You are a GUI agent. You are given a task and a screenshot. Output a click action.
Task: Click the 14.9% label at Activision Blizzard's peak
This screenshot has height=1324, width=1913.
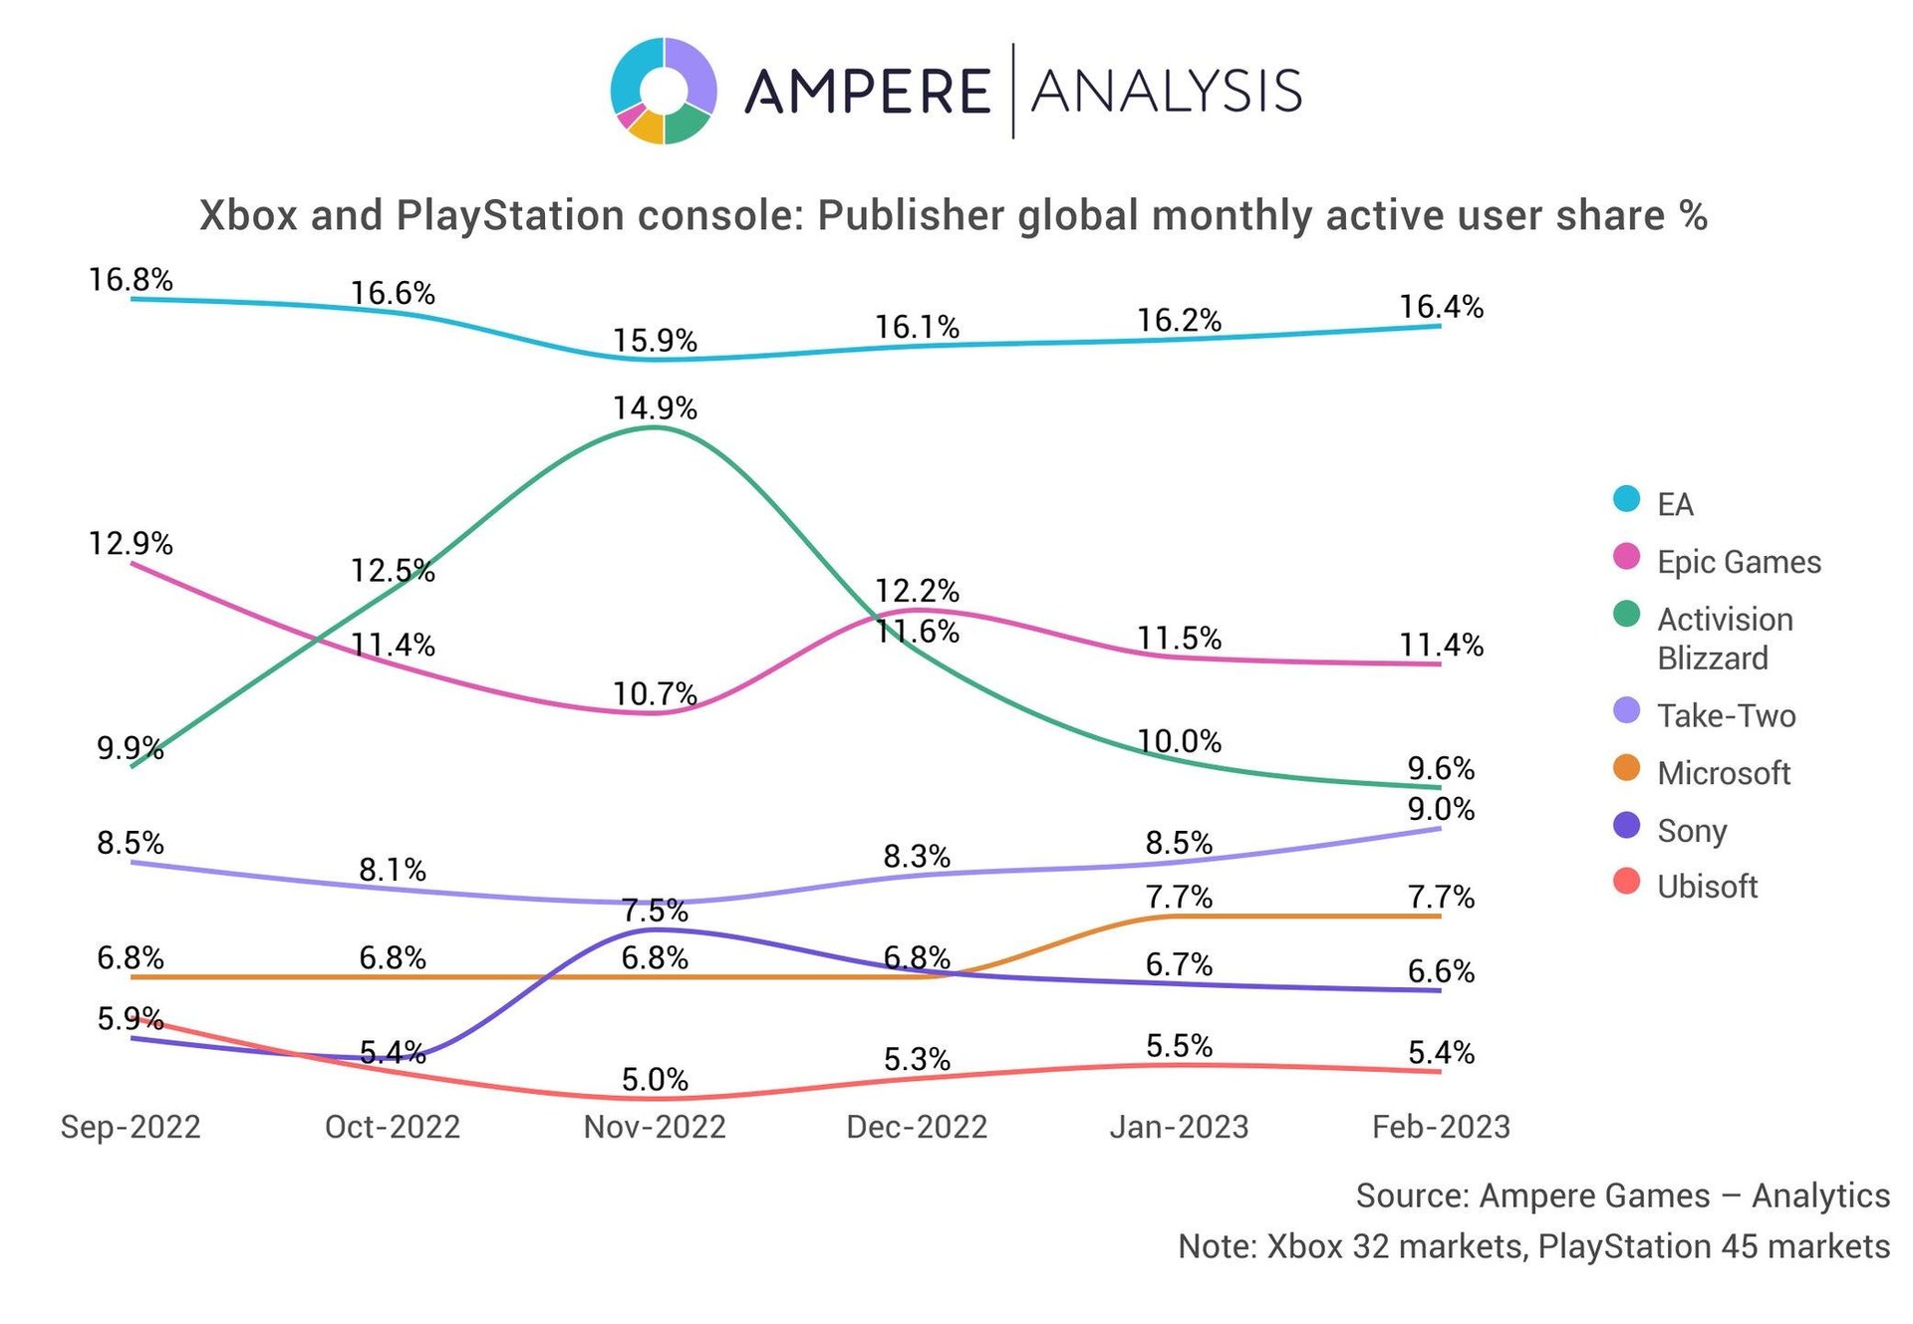point(655,408)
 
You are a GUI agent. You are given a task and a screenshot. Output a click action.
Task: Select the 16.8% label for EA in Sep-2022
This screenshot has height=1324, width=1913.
point(131,280)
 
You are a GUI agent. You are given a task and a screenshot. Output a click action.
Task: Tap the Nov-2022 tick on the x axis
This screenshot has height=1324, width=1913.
point(655,1127)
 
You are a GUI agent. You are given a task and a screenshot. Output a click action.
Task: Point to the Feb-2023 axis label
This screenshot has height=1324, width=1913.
point(1441,1127)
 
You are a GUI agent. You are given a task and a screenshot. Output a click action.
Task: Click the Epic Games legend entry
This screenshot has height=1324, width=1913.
point(1738,562)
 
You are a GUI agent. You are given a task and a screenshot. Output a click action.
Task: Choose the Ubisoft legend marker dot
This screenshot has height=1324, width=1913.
point(1626,882)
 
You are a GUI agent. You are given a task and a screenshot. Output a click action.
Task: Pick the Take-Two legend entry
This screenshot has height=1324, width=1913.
point(1726,715)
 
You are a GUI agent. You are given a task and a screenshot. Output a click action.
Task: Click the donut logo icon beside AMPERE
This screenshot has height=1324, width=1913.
point(663,92)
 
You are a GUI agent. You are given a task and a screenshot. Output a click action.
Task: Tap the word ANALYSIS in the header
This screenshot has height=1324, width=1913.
point(1166,92)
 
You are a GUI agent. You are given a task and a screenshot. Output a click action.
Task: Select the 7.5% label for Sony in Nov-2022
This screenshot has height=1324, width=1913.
point(655,911)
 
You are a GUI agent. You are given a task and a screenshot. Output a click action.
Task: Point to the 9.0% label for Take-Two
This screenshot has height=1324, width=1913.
point(1441,809)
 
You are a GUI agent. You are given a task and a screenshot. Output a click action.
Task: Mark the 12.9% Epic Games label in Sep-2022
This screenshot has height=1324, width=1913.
point(131,544)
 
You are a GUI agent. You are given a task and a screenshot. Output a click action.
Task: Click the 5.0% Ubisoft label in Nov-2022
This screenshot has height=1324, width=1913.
point(655,1079)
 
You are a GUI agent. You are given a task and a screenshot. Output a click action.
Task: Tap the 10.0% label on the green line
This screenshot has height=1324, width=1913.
point(1180,741)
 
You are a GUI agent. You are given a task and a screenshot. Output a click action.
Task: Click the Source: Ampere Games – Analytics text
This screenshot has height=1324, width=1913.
point(1622,1195)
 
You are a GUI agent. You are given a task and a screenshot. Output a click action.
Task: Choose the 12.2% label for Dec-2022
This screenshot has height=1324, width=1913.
point(917,591)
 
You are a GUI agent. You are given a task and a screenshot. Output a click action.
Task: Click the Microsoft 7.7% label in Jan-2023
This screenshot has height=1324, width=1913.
point(1180,898)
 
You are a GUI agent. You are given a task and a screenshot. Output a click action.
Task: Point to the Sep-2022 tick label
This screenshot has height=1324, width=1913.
point(131,1127)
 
